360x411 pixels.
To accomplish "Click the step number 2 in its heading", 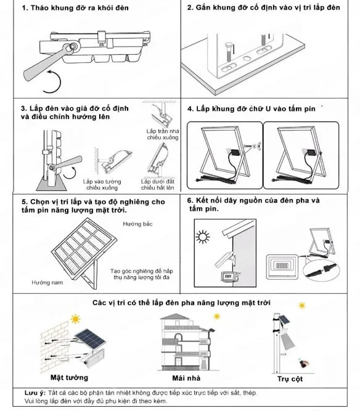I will click(x=190, y=7).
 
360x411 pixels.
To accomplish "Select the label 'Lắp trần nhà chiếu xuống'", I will click(x=163, y=135).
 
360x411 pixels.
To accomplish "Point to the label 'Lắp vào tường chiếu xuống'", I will click(x=102, y=185).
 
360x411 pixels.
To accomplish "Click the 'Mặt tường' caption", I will click(x=69, y=377).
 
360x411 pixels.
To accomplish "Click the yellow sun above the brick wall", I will click(x=75, y=319).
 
